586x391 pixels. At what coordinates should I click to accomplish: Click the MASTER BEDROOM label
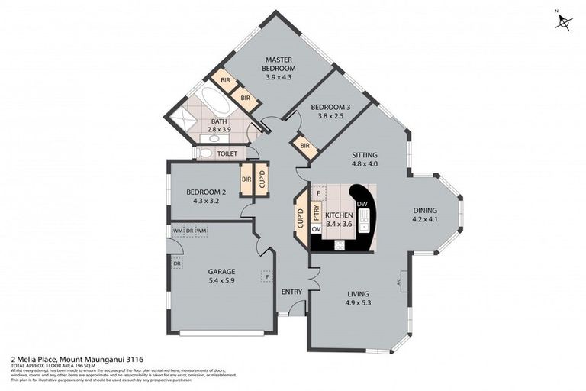tap(279, 63)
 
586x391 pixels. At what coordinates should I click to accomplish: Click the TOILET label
tap(227, 153)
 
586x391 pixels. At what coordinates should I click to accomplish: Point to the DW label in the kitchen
tap(362, 204)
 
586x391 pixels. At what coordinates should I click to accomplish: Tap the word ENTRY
tap(291, 292)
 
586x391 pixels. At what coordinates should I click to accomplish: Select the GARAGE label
tap(221, 271)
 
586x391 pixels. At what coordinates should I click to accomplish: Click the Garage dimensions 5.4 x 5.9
tap(221, 280)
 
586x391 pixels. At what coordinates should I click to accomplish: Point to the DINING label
tap(426, 211)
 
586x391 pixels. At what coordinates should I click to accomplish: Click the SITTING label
tap(365, 154)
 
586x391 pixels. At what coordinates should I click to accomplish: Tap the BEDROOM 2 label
tap(206, 192)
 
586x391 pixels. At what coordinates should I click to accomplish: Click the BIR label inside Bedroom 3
tap(305, 146)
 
